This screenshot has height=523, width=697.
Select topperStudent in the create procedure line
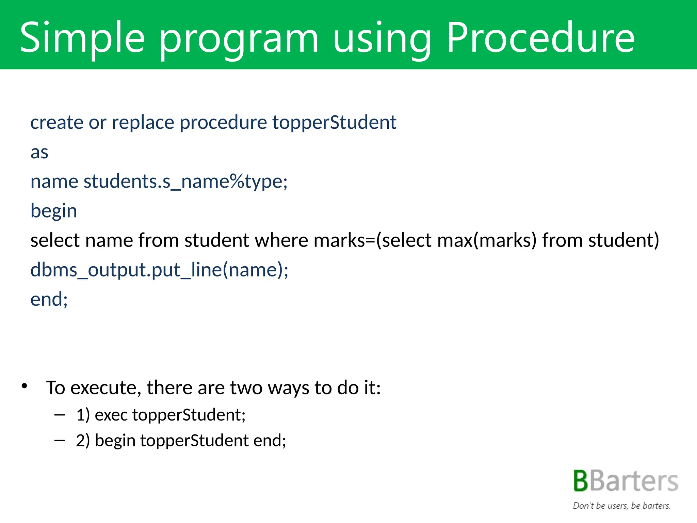click(x=334, y=122)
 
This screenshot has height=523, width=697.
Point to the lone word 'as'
click(x=39, y=152)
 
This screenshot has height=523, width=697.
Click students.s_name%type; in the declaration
click(x=185, y=181)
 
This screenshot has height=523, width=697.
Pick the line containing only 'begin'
click(x=54, y=211)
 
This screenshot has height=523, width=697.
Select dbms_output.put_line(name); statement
click(x=159, y=270)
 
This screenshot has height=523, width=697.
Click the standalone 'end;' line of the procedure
click(x=49, y=299)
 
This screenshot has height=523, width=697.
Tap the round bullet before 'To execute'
click(x=24, y=386)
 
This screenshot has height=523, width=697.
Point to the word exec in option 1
click(x=111, y=415)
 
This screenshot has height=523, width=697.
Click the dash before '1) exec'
click(x=60, y=415)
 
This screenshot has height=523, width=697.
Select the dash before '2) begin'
click(x=60, y=440)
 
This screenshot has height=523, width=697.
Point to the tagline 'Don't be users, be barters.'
click(x=621, y=506)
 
